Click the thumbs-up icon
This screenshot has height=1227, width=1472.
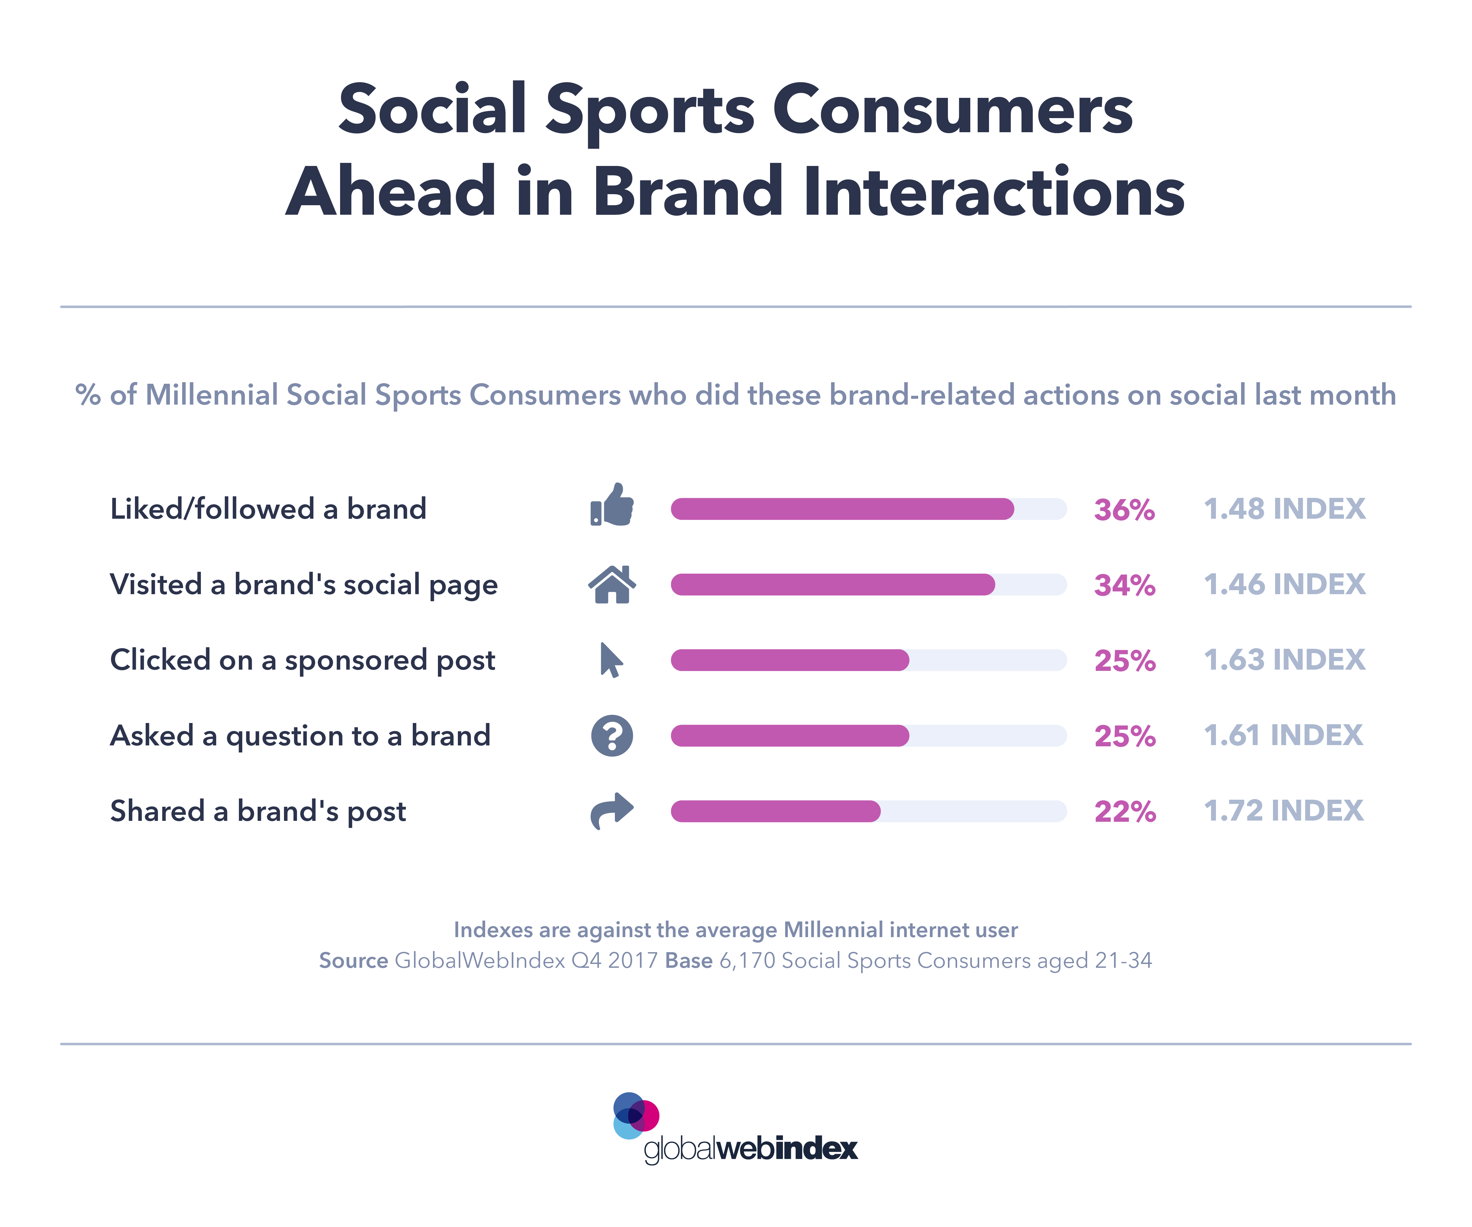612,505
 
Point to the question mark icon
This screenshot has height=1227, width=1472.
612,736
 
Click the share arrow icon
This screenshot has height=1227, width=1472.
612,810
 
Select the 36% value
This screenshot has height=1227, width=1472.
1124,510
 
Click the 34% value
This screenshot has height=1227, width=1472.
1124,585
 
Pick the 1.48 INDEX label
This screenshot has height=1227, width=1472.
1284,509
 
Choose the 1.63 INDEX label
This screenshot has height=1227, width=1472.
1284,660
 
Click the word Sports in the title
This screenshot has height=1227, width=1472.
650,110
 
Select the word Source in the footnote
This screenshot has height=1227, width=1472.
353,960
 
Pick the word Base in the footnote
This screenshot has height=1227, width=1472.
688,960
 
